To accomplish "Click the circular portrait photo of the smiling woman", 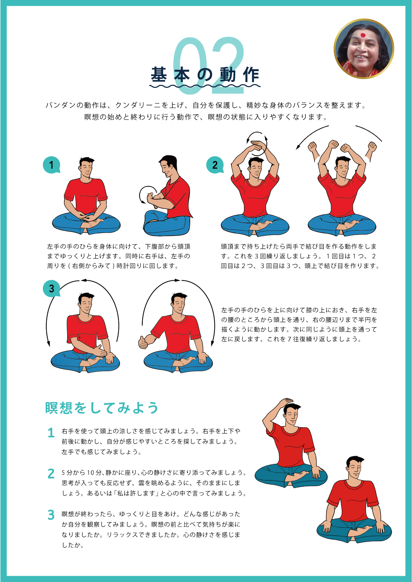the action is click(x=364, y=49).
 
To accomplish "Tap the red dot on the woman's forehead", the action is click(x=362, y=35).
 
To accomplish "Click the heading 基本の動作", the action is click(x=205, y=75).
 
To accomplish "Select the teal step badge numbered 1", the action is click(x=52, y=165).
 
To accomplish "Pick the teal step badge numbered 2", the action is click(x=215, y=165).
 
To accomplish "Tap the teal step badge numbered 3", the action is click(x=52, y=288).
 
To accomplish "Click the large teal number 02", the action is click(x=208, y=65).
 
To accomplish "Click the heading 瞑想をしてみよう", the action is click(x=102, y=408).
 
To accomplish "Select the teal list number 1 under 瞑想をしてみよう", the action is click(x=51, y=433).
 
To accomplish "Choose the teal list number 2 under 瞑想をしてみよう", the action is click(x=51, y=474).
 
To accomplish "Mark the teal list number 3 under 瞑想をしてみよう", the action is click(x=51, y=515).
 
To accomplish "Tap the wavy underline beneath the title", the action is click(x=205, y=86).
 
